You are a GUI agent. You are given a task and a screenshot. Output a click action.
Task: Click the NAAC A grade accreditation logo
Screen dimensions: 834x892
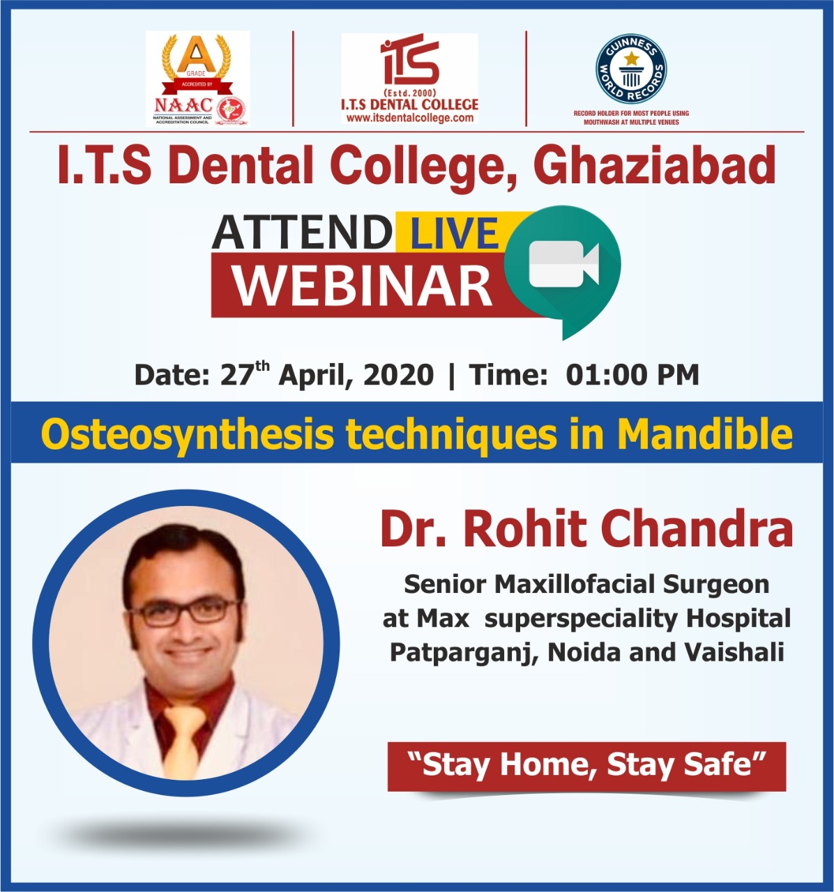point(198,78)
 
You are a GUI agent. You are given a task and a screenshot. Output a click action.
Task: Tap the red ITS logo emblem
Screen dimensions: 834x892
point(409,59)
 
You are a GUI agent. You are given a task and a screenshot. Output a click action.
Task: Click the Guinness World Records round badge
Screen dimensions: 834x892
point(631,69)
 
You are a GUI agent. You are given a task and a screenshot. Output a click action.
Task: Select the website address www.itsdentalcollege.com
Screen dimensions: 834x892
point(409,118)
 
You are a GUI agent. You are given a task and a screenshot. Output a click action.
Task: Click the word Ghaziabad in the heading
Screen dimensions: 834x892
point(654,165)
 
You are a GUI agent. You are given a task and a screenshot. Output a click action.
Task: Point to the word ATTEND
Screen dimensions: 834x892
point(302,232)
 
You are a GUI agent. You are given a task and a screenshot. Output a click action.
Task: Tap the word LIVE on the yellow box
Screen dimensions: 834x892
point(454,233)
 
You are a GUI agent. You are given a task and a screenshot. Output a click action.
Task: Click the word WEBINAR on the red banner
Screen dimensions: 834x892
point(363,285)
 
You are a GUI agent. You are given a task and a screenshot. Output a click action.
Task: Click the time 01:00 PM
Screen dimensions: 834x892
point(632,375)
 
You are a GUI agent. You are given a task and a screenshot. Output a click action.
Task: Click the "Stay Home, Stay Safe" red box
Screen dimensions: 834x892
point(586,766)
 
